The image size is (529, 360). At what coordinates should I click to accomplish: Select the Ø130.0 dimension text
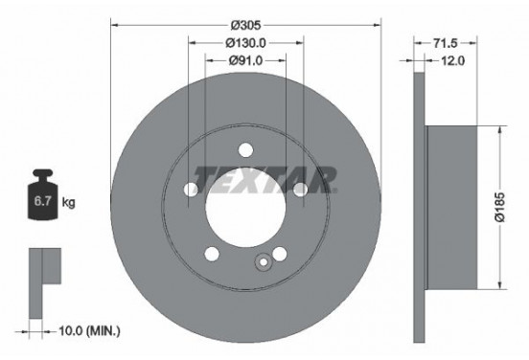(x=245, y=43)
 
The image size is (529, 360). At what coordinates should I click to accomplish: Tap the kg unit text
(x=69, y=203)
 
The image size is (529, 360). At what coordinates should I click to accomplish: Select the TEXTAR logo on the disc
(x=265, y=178)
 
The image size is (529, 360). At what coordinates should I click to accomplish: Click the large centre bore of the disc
(x=245, y=205)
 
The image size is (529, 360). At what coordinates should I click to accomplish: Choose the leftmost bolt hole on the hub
(x=192, y=190)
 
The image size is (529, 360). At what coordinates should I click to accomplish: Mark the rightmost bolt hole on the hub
(x=300, y=190)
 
